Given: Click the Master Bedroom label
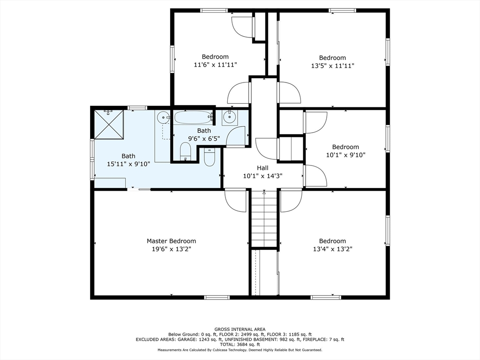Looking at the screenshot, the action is (171, 241).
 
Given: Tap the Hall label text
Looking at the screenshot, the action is (262, 168).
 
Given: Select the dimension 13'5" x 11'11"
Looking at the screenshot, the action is (332, 66).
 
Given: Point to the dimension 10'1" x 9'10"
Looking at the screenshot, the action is (345, 155).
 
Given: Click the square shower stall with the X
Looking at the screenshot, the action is (109, 124).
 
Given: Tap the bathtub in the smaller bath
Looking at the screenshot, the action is (193, 117).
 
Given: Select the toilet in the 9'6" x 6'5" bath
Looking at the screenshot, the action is (185, 152).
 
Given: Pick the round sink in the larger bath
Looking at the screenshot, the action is (164, 117).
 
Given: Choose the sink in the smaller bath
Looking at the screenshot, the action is (229, 117).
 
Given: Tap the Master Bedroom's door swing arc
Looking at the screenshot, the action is (235, 200).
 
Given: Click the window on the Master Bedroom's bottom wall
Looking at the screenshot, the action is (217, 297).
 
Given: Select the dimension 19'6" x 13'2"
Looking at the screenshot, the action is (172, 249).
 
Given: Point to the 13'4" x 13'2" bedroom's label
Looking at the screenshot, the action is (332, 241).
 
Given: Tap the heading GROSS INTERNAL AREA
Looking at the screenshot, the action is (240, 330).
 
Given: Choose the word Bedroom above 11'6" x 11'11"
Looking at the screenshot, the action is (215, 57).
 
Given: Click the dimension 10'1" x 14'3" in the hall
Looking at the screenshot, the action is (262, 176).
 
